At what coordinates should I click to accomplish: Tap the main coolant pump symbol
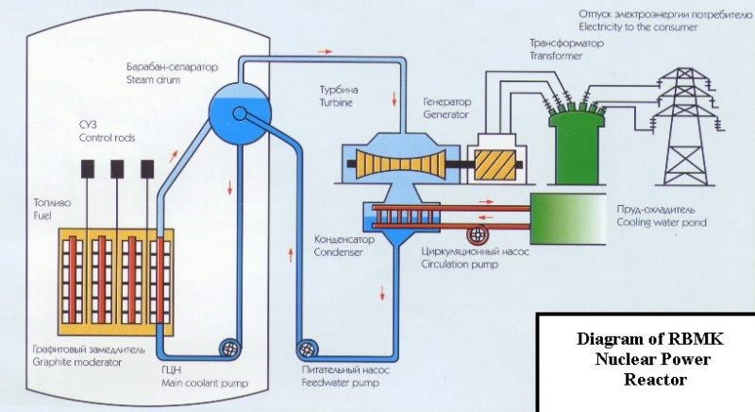point(229,348)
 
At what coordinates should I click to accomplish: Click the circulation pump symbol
point(478,232)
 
